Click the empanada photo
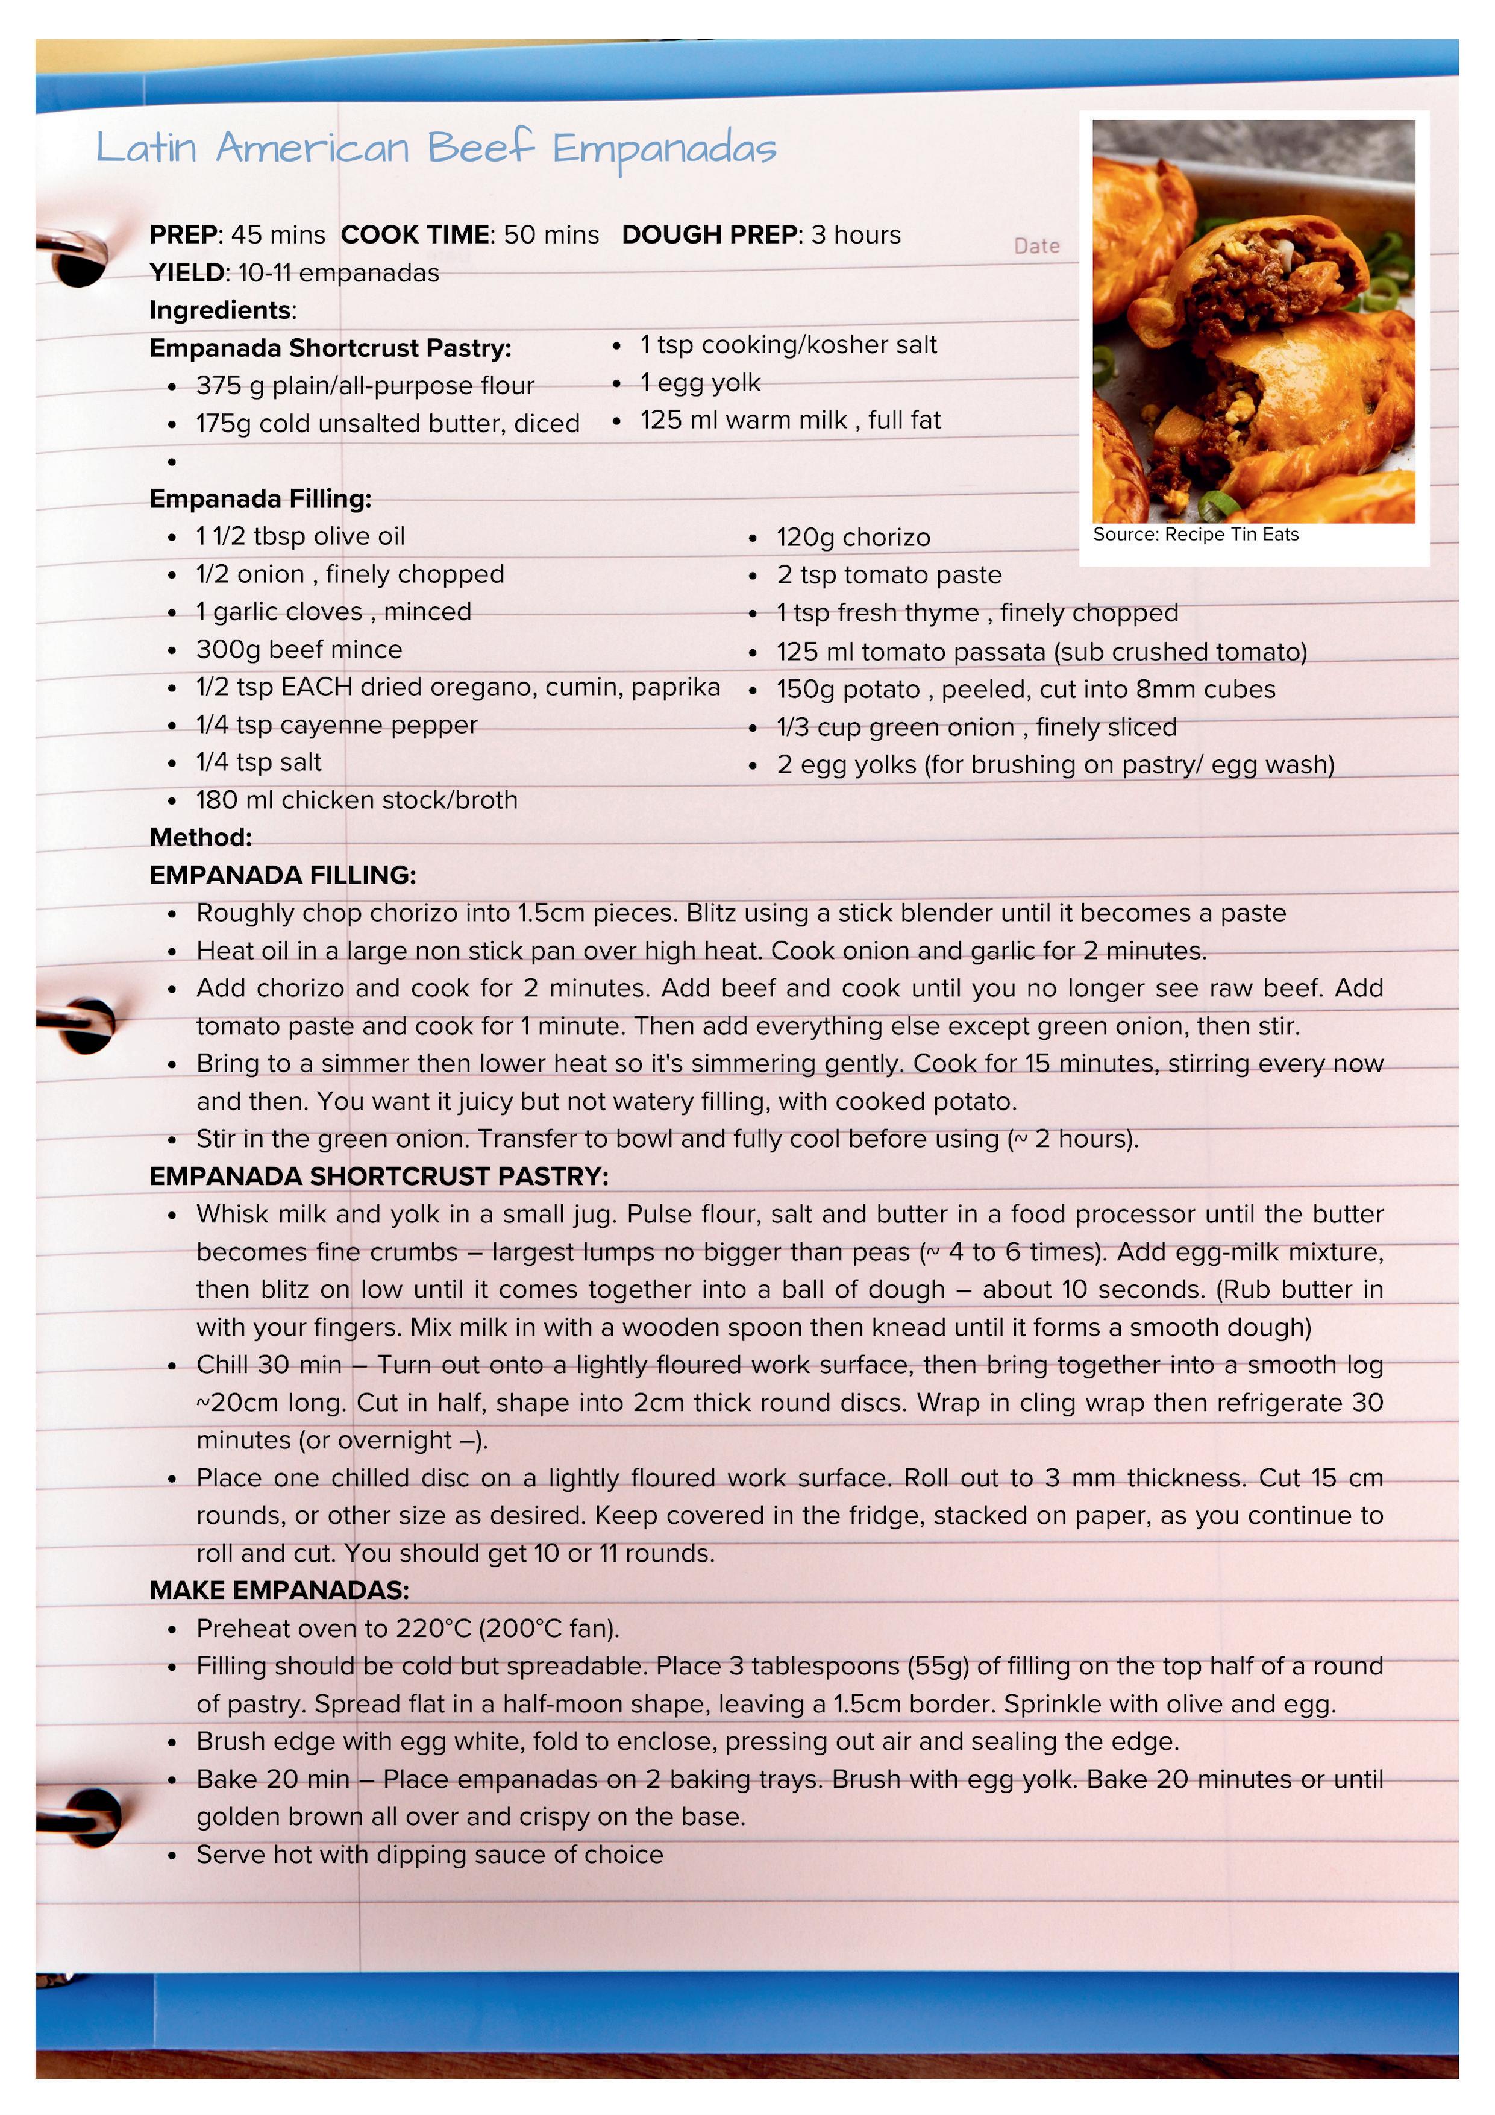1253,321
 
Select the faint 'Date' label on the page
1036,246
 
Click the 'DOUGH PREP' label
709,235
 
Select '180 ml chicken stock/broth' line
357,800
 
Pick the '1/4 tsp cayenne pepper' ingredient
336,726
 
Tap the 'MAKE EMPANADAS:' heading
279,1591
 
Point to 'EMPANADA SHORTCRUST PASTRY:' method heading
378,1177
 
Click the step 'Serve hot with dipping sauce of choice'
429,1854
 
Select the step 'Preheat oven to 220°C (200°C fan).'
407,1629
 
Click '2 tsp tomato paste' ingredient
888,576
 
